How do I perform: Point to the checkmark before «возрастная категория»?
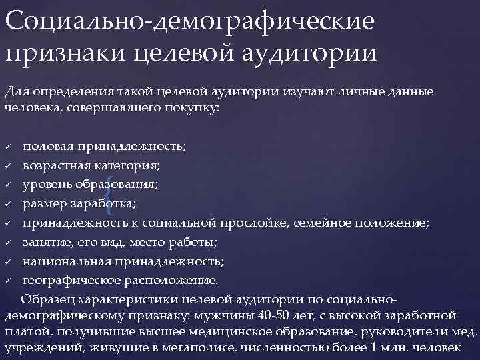click(x=8, y=164)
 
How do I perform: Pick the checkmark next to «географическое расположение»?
click(x=8, y=279)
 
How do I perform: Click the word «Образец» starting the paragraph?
click(x=48, y=297)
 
